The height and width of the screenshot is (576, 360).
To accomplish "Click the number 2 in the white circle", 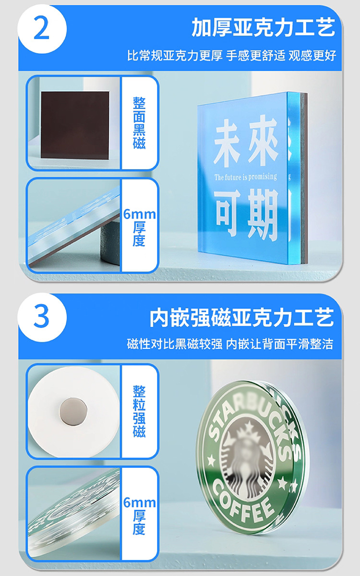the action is pyautogui.click(x=41, y=29).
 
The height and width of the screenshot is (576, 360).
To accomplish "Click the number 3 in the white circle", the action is pyautogui.click(x=41, y=317).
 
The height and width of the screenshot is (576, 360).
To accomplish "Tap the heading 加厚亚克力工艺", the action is pyautogui.click(x=263, y=28).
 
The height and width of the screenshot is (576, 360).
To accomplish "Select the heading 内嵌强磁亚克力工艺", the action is pyautogui.click(x=242, y=318).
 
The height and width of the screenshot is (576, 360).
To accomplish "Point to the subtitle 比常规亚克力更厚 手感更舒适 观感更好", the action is pyautogui.click(x=231, y=56).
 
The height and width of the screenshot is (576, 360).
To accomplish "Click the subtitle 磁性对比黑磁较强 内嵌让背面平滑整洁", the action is pyautogui.click(x=230, y=344).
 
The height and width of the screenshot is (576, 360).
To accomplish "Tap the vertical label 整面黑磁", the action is pyautogui.click(x=139, y=123).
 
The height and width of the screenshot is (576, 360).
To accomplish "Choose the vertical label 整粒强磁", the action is pyautogui.click(x=139, y=411).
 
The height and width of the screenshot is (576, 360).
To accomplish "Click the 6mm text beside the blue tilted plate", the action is pyautogui.click(x=139, y=214).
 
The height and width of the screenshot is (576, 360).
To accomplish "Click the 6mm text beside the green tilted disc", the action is pyautogui.click(x=139, y=502).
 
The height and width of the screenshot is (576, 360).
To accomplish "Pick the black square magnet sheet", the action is pyautogui.click(x=75, y=125).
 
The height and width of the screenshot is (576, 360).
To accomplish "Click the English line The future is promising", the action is pyautogui.click(x=245, y=177).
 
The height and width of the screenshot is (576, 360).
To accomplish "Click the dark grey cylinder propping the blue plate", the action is pyautogui.click(x=110, y=240).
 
